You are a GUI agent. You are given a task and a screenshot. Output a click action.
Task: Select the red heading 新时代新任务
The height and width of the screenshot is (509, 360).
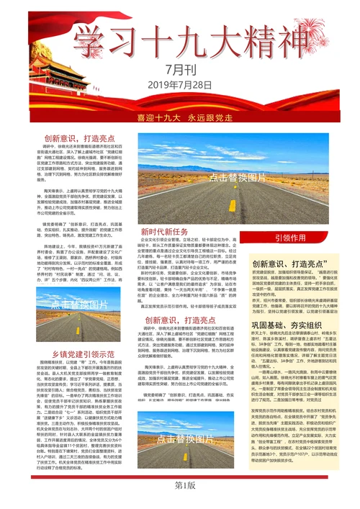(164, 232)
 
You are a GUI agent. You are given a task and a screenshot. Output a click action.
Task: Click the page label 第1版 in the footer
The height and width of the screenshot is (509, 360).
(180, 485)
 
